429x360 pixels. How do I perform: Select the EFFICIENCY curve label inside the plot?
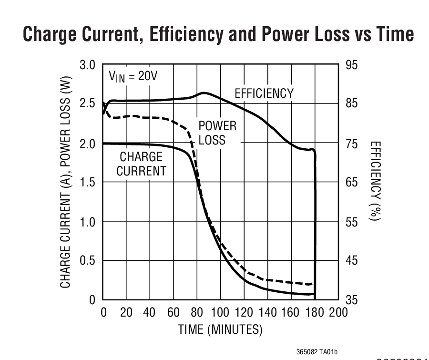coord(264,93)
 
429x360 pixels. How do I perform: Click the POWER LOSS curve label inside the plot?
coord(217,133)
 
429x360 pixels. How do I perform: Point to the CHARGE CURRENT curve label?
coord(141,164)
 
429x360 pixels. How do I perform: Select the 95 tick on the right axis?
coord(351,65)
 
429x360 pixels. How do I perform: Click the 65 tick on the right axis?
coord(351,183)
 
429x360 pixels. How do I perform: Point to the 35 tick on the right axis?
coord(351,300)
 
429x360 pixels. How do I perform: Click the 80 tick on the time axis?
coord(196,313)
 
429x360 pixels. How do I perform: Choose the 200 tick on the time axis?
coord(338,313)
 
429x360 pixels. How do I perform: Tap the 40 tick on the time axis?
coord(150,313)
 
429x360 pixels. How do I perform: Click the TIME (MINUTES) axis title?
coord(220,329)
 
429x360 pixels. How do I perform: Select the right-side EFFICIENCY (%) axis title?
coord(376,181)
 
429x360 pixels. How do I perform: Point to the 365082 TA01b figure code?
coord(317,352)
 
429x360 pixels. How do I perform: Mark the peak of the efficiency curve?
coord(204,93)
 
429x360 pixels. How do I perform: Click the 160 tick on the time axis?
coord(291,313)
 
